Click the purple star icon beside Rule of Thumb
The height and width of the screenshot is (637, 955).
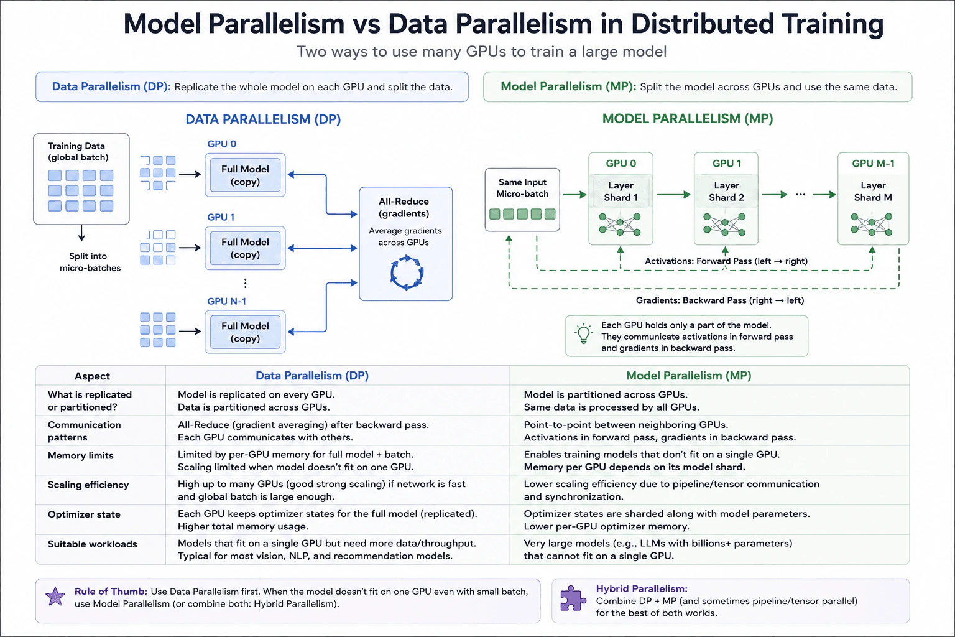click(55, 596)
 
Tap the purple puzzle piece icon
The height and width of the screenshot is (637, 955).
click(573, 598)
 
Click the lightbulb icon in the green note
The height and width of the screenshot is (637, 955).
click(584, 333)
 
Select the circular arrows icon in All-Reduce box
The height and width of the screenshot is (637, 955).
click(407, 272)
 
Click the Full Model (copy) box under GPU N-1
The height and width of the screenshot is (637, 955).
click(245, 332)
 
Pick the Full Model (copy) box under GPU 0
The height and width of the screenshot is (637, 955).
click(245, 175)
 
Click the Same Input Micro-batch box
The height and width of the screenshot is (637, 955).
click(522, 200)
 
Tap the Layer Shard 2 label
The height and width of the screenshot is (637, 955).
click(726, 191)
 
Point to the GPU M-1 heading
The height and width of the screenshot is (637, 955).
click(873, 164)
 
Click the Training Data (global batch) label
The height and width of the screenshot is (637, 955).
click(78, 151)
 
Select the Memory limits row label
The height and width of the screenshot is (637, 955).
click(81, 455)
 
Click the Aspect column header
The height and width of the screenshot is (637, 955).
click(92, 376)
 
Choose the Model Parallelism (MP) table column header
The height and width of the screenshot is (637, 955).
click(688, 376)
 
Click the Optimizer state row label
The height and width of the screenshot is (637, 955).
click(84, 514)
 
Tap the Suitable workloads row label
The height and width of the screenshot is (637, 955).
click(93, 544)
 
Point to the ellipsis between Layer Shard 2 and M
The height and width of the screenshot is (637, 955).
click(800, 195)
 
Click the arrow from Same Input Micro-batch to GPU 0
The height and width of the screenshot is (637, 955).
click(574, 195)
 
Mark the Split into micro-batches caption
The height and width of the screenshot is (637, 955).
click(90, 262)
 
